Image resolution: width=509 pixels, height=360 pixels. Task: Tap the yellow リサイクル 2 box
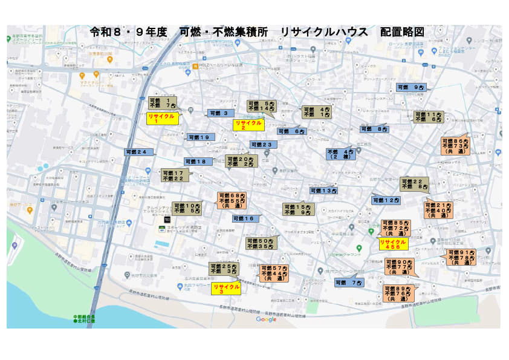pyautogui.click(x=248, y=125)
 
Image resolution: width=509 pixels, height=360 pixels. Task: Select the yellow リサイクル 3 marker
pyautogui.click(x=225, y=288)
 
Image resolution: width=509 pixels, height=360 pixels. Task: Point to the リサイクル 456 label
pyautogui.click(x=393, y=244)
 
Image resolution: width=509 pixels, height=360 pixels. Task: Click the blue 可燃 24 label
pyautogui.click(x=138, y=152)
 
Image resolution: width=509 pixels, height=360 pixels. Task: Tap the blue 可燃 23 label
pyautogui.click(x=263, y=145)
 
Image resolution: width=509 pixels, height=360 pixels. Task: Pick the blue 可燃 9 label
pyautogui.click(x=411, y=88)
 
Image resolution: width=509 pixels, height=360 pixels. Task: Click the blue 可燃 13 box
pyautogui.click(x=323, y=191)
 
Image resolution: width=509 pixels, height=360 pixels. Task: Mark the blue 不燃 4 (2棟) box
pyautogui.click(x=340, y=154)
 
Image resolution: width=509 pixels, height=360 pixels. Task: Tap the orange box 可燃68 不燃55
pyautogui.click(x=232, y=201)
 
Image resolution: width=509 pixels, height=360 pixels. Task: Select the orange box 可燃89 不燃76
pyautogui.click(x=398, y=293)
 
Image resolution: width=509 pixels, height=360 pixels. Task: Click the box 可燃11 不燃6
pyautogui.click(x=428, y=117)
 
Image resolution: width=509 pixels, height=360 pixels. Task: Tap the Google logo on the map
pyautogui.click(x=266, y=319)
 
